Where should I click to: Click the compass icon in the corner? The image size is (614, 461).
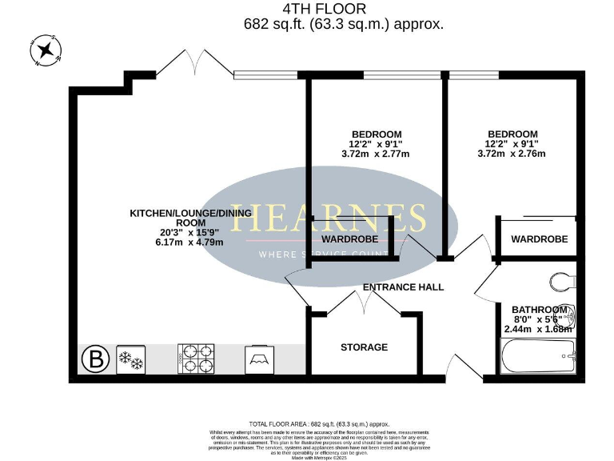[x=46, y=50]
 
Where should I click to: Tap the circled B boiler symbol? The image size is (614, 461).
[x=96, y=359]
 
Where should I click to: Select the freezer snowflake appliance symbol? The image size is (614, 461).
[x=130, y=359]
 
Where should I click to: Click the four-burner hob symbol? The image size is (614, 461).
[x=195, y=359]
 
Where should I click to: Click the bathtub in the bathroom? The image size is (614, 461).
[x=538, y=356]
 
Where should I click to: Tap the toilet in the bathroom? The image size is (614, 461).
[x=564, y=282]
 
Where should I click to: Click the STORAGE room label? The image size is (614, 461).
[x=364, y=347]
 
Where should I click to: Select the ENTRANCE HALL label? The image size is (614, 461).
[x=403, y=287]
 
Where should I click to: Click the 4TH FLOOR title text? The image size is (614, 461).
[x=325, y=10]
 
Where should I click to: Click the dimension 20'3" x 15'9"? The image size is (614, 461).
[x=190, y=232]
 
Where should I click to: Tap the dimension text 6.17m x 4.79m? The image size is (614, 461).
[x=190, y=243]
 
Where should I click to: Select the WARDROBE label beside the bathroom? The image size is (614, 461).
[x=539, y=239]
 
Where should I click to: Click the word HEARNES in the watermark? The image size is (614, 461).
[x=329, y=218]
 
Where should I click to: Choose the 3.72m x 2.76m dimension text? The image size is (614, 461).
[x=512, y=154]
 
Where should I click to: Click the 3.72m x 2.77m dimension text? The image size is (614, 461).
[x=376, y=154]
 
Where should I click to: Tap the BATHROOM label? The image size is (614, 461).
[x=540, y=310]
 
